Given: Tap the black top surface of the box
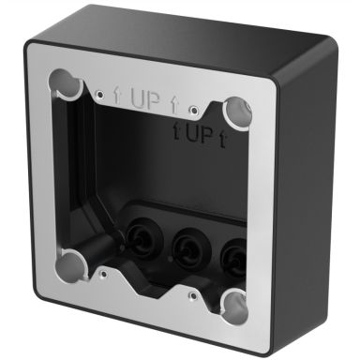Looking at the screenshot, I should pos(187,37).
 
